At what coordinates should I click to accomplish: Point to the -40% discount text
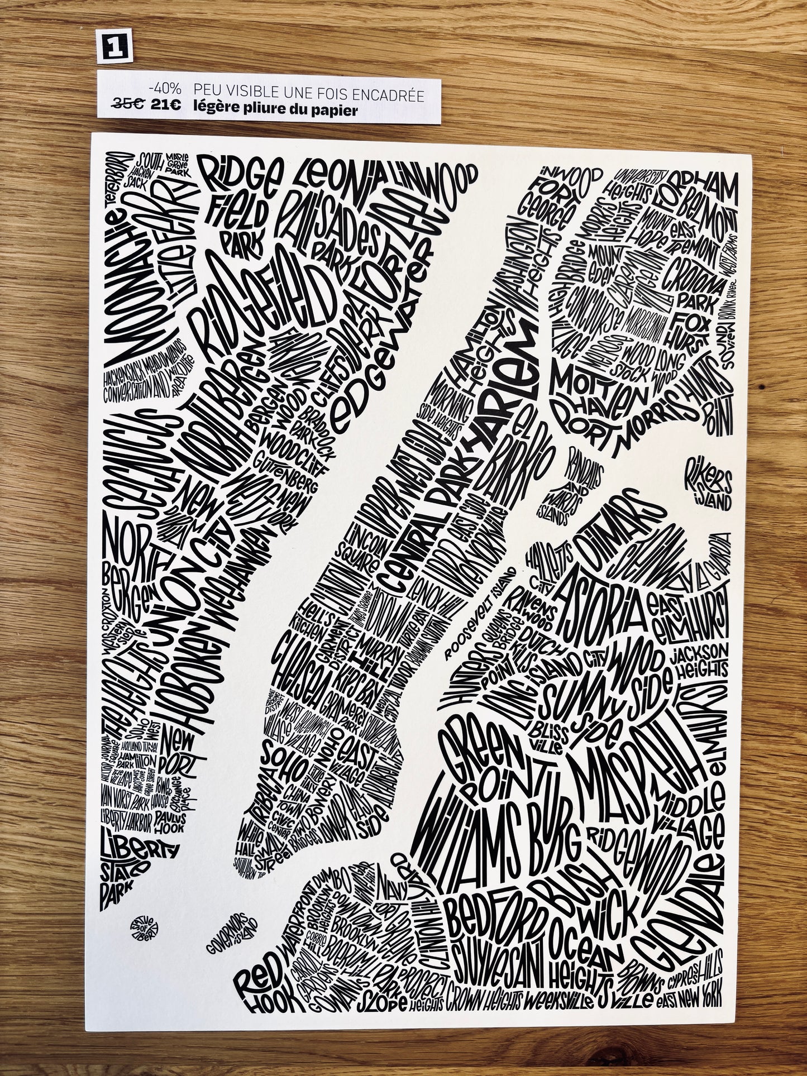165,89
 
